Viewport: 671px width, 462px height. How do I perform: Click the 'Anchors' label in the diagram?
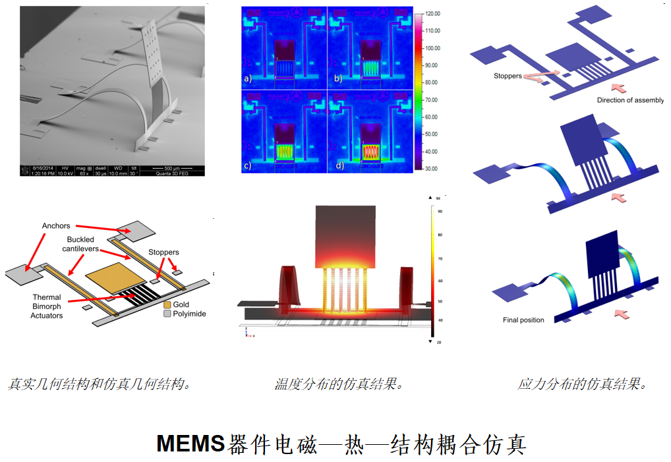point(56,226)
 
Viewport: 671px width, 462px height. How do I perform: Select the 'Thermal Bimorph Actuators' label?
point(47,306)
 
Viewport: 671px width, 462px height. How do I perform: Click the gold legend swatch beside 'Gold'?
point(167,304)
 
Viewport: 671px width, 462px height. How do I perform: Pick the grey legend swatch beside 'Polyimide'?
point(167,314)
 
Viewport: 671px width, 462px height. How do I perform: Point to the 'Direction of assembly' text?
point(629,100)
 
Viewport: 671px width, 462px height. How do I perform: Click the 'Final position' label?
point(523,320)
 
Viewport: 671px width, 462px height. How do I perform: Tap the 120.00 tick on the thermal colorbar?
point(432,14)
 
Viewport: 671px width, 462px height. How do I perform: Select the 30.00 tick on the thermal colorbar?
point(432,169)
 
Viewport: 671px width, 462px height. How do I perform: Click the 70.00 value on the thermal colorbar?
point(432,100)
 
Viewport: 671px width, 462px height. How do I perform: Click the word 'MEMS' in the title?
point(190,444)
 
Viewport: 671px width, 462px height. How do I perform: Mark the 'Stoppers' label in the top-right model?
point(508,76)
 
